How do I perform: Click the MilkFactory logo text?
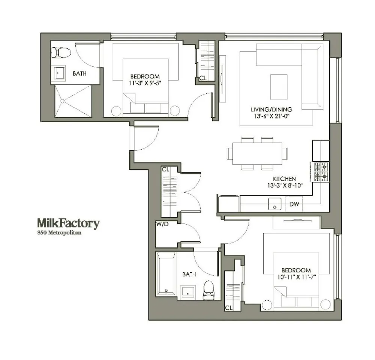click(x=68, y=224)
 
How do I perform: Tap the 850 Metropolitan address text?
click(x=59, y=233)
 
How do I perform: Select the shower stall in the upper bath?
click(x=73, y=101)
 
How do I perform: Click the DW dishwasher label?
click(x=294, y=205)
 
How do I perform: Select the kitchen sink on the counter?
click(x=275, y=204)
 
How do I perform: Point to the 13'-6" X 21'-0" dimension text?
click(x=271, y=116)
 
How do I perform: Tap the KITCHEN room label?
click(x=284, y=179)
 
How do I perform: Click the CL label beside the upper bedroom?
click(x=202, y=78)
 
